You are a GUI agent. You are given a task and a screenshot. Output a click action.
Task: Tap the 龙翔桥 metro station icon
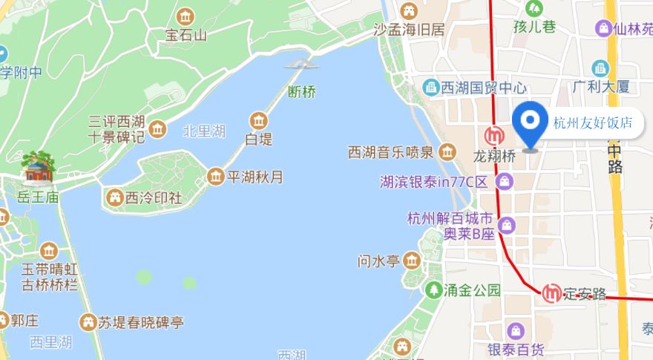click(x=493, y=137)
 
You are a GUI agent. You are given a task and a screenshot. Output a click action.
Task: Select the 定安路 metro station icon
click(x=551, y=293)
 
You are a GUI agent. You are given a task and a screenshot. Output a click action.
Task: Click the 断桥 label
click(x=302, y=93)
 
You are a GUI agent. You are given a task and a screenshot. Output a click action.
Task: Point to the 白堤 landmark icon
click(x=259, y=120)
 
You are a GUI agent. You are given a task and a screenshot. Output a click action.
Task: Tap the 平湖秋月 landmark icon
click(x=215, y=177)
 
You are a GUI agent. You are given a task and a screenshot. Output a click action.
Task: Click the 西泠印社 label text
click(x=154, y=198)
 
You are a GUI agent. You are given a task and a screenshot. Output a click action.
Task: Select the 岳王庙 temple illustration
click(x=37, y=168)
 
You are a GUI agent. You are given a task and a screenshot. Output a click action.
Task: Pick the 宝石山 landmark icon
click(x=186, y=16)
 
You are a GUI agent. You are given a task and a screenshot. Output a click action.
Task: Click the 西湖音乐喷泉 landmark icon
click(x=447, y=153)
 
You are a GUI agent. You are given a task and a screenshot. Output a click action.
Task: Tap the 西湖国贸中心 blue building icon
click(x=430, y=88)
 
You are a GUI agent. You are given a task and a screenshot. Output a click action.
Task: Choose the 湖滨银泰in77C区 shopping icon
click(x=505, y=180)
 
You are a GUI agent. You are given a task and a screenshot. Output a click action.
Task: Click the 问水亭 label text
click(x=379, y=261)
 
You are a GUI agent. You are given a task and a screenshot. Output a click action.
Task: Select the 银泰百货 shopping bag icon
click(x=516, y=330)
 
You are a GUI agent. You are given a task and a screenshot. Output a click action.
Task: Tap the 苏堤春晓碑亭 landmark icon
click(x=88, y=322)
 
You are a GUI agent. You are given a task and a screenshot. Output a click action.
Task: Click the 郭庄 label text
click(x=24, y=321)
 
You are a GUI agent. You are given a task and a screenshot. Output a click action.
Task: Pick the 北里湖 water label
click(x=203, y=132)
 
